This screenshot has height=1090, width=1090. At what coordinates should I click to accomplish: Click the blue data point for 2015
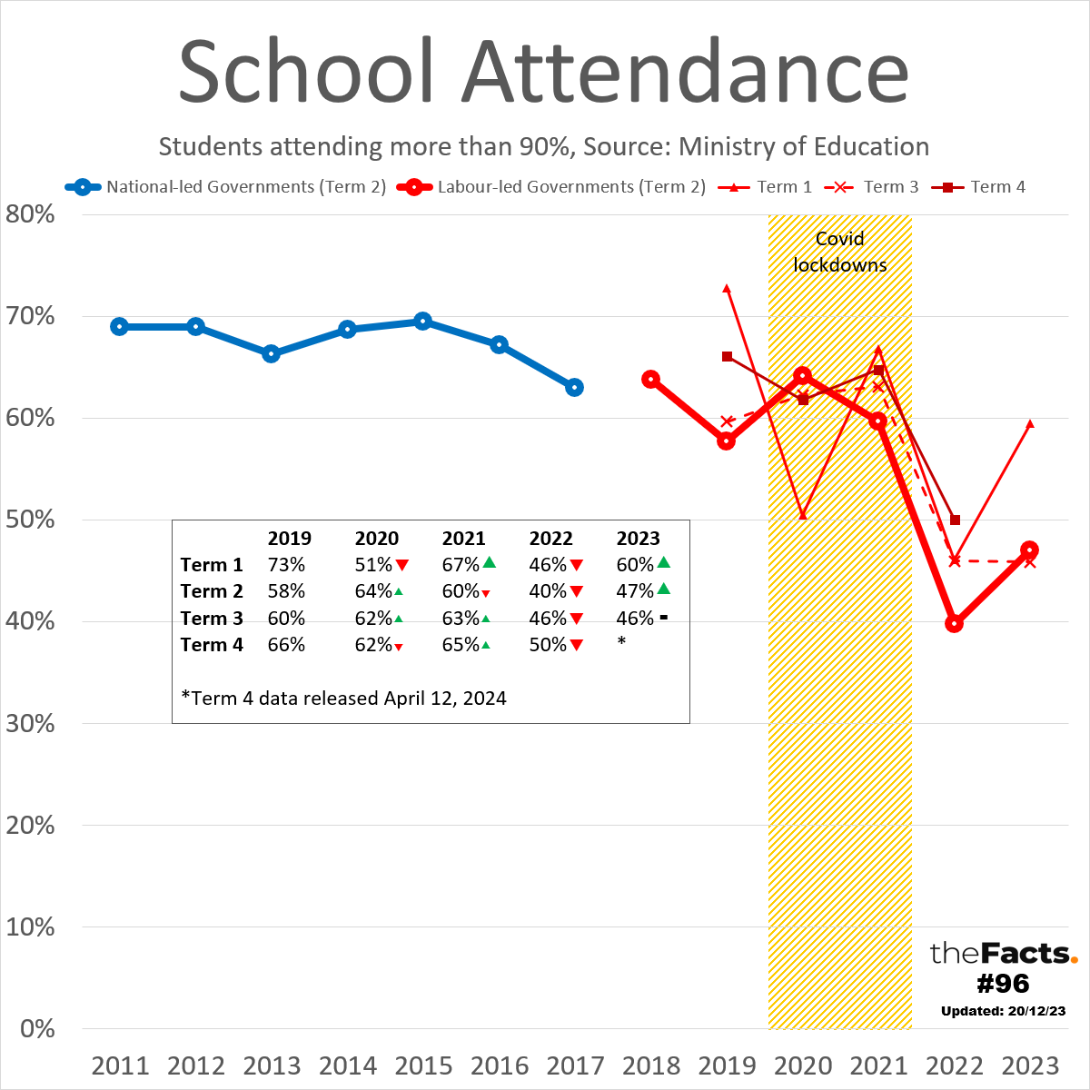point(422,321)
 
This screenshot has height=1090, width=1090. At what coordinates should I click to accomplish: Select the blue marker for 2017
point(574,387)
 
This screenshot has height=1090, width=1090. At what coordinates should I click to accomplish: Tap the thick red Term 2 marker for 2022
point(954,623)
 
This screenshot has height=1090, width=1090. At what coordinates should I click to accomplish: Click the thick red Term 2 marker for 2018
point(650,379)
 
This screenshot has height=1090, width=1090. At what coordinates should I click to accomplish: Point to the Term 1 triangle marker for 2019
point(727,288)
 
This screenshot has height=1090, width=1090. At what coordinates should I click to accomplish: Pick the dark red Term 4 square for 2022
point(955,520)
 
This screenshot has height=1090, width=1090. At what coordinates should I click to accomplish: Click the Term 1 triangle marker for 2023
point(1030,423)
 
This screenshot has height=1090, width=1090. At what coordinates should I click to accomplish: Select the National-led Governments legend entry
point(227,187)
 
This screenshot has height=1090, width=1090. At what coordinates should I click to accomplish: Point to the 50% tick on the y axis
point(31,520)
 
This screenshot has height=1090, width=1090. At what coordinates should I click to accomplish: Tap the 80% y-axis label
point(31,215)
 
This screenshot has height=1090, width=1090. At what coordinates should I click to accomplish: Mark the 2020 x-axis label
point(803,1065)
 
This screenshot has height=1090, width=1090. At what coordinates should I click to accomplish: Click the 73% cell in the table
point(286,565)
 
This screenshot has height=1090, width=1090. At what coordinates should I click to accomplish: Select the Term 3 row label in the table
point(212,619)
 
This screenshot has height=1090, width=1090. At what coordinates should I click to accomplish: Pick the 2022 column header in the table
point(551,539)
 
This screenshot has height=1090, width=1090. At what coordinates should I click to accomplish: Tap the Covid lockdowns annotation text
point(840,252)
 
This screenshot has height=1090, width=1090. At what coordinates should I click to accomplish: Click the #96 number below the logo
point(1003,983)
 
